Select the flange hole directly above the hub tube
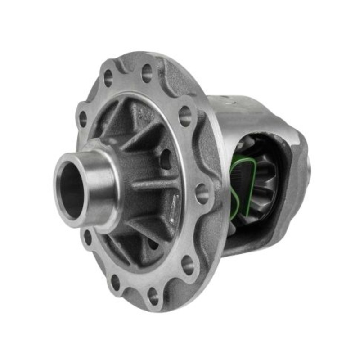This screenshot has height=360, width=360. click(83, 119)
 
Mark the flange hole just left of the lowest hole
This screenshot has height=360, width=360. click(116, 282)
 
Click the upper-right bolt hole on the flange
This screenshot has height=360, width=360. click(185, 116)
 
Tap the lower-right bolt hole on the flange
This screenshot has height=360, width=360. click(189, 265)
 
